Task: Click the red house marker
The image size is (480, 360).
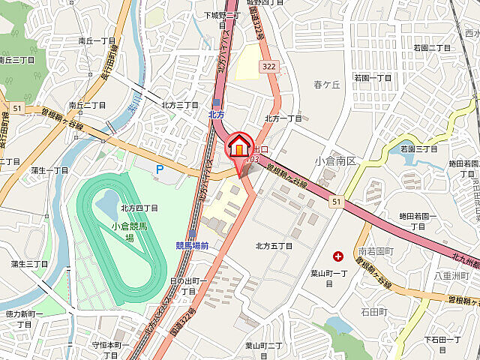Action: [x=238, y=145]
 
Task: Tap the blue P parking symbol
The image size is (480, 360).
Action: [x=159, y=170]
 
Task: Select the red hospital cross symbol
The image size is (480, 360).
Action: [x=337, y=256]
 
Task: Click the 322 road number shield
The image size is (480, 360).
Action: [x=268, y=67]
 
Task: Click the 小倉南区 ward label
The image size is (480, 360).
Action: [x=339, y=160]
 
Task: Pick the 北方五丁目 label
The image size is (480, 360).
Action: [x=274, y=246]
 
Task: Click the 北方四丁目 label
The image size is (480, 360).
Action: [x=139, y=208]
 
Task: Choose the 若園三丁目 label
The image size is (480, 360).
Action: [x=418, y=149]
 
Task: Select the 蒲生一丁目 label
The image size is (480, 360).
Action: [x=50, y=170]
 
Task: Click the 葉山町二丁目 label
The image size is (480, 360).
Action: [x=263, y=345]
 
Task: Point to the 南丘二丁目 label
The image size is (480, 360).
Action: [x=85, y=105]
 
